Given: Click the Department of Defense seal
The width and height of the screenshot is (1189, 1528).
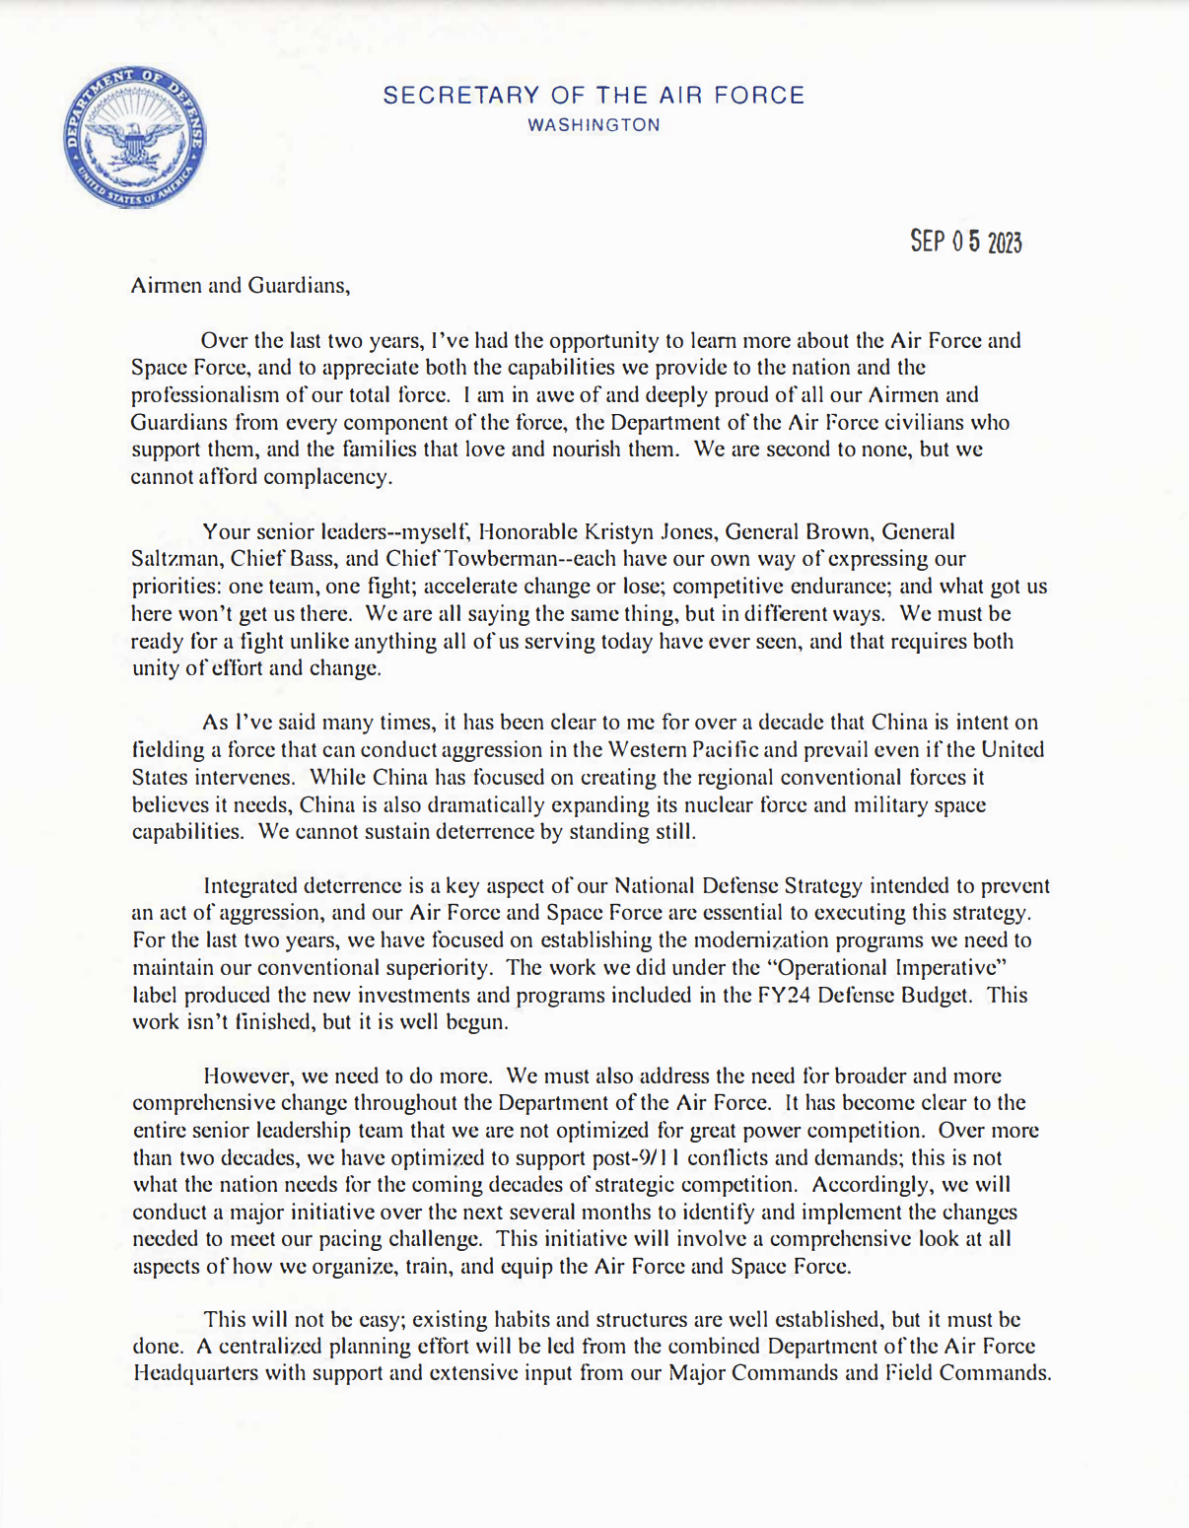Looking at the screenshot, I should pyautogui.click(x=135, y=138).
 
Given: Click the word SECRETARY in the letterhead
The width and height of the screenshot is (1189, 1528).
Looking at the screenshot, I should pyautogui.click(x=447, y=96).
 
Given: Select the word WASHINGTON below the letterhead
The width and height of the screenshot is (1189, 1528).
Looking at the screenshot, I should pyautogui.click(x=594, y=125).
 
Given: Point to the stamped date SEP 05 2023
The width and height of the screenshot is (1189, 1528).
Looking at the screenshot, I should pyautogui.click(x=965, y=242).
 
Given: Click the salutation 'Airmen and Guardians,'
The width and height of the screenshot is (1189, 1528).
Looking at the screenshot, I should pyautogui.click(x=241, y=286).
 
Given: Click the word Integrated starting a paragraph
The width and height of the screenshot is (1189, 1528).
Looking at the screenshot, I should pyautogui.click(x=250, y=885).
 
